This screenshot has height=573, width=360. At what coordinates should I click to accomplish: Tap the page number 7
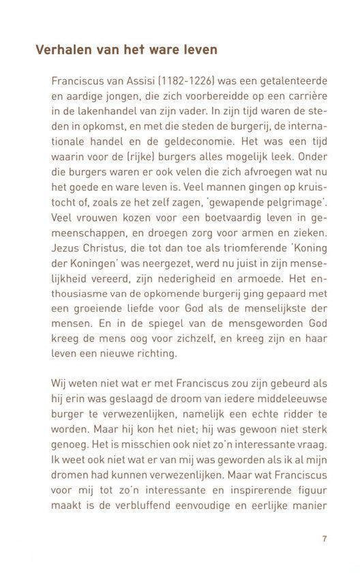point(325,538)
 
